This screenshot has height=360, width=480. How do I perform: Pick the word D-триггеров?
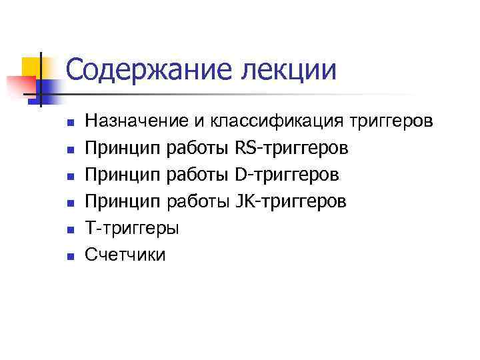click(x=287, y=174)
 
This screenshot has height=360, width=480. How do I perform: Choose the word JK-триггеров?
click(x=291, y=201)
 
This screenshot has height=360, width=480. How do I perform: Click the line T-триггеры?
click(x=132, y=227)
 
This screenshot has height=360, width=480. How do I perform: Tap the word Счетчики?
click(x=125, y=254)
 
